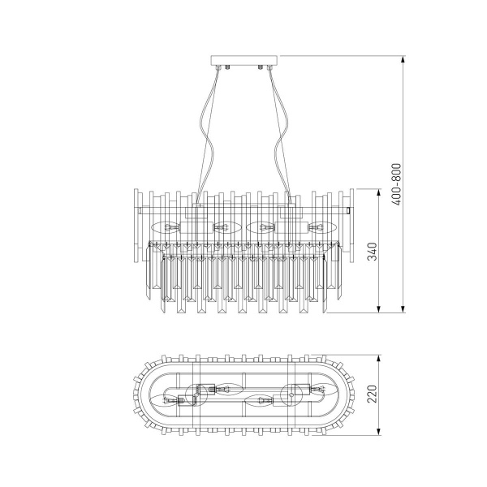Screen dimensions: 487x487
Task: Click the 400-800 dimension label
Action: (x=397, y=184)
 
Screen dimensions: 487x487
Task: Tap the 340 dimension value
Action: (x=373, y=252)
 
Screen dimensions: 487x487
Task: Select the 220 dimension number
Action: (x=373, y=394)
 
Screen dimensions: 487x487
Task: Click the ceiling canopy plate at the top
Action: (x=243, y=61)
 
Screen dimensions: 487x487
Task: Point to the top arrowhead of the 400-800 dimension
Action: (x=403, y=59)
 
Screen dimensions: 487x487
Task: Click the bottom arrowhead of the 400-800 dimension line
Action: (x=403, y=308)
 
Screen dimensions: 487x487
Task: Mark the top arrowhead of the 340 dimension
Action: (x=378, y=192)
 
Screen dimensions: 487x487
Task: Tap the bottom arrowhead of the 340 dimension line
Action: (x=378, y=308)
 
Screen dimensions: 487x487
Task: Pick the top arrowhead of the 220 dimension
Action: (x=378, y=359)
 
